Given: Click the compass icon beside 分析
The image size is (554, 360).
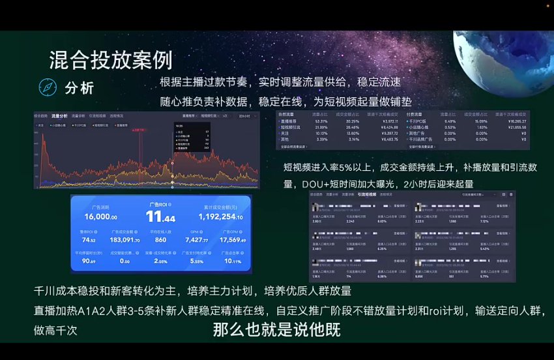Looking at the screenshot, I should click(x=48, y=87).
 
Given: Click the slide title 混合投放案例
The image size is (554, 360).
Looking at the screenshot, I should click(x=111, y=60).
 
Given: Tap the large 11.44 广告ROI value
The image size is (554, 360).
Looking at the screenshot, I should click(x=160, y=217).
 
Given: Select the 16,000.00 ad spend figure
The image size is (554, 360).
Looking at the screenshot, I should click(x=100, y=217).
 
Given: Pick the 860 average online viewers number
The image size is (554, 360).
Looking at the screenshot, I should click(x=160, y=240).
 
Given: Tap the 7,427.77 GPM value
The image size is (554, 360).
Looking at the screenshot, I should click(x=196, y=240).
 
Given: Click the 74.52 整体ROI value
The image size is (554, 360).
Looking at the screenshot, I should click(x=89, y=240).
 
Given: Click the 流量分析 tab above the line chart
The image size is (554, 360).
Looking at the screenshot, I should click(x=60, y=115).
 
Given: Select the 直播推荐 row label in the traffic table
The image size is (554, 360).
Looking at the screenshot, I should click(x=289, y=121).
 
